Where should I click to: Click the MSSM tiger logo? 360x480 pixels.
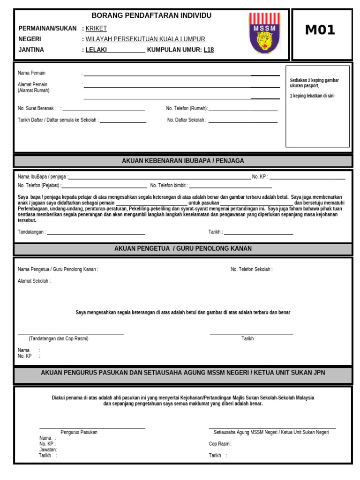coord(265,33)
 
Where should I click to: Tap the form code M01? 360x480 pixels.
coord(320,30)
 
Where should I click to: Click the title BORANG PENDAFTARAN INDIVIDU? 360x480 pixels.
coord(151,15)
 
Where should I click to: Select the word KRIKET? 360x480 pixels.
coord(96,29)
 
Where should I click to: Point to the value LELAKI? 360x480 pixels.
coord(97,50)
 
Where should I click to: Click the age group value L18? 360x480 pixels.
coord(209,50)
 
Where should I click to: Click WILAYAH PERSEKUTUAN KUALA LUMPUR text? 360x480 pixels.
coord(145,39)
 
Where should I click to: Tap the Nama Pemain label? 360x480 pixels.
coord(31,73)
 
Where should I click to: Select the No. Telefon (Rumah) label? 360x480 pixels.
coord(187,108)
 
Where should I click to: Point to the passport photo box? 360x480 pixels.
coord(317,112)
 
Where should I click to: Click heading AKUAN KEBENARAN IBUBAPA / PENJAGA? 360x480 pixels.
coord(183,161)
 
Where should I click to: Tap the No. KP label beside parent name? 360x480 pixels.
coord(260,177)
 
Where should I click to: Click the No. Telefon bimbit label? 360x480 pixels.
coord(168,186)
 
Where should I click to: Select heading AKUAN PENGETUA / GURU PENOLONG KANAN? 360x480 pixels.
coord(183,248)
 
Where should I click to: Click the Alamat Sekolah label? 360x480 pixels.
coord(34,281)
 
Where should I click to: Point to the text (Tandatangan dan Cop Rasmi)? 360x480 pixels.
coord(58,338)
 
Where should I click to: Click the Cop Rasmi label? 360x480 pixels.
coord(220,443)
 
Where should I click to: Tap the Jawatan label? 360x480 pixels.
coord(48,450)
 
